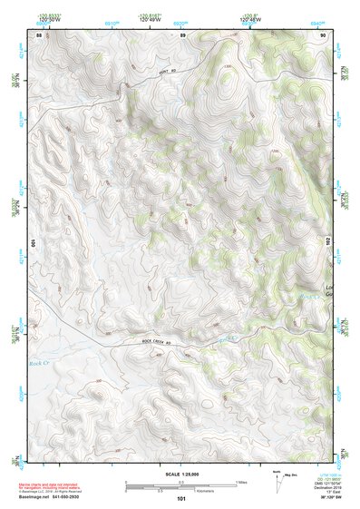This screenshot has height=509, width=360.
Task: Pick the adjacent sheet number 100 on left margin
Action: click(33, 244)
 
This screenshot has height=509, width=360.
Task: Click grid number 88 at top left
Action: click(39, 34)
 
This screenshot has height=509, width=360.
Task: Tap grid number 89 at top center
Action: click(182, 34)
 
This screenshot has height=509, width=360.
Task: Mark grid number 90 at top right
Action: click(323, 34)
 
